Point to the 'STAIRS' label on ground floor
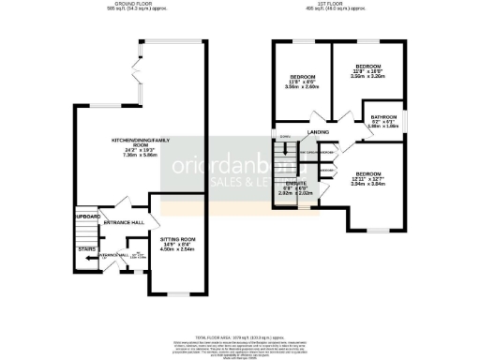coord(87,250)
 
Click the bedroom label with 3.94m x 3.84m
coord(368,174)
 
